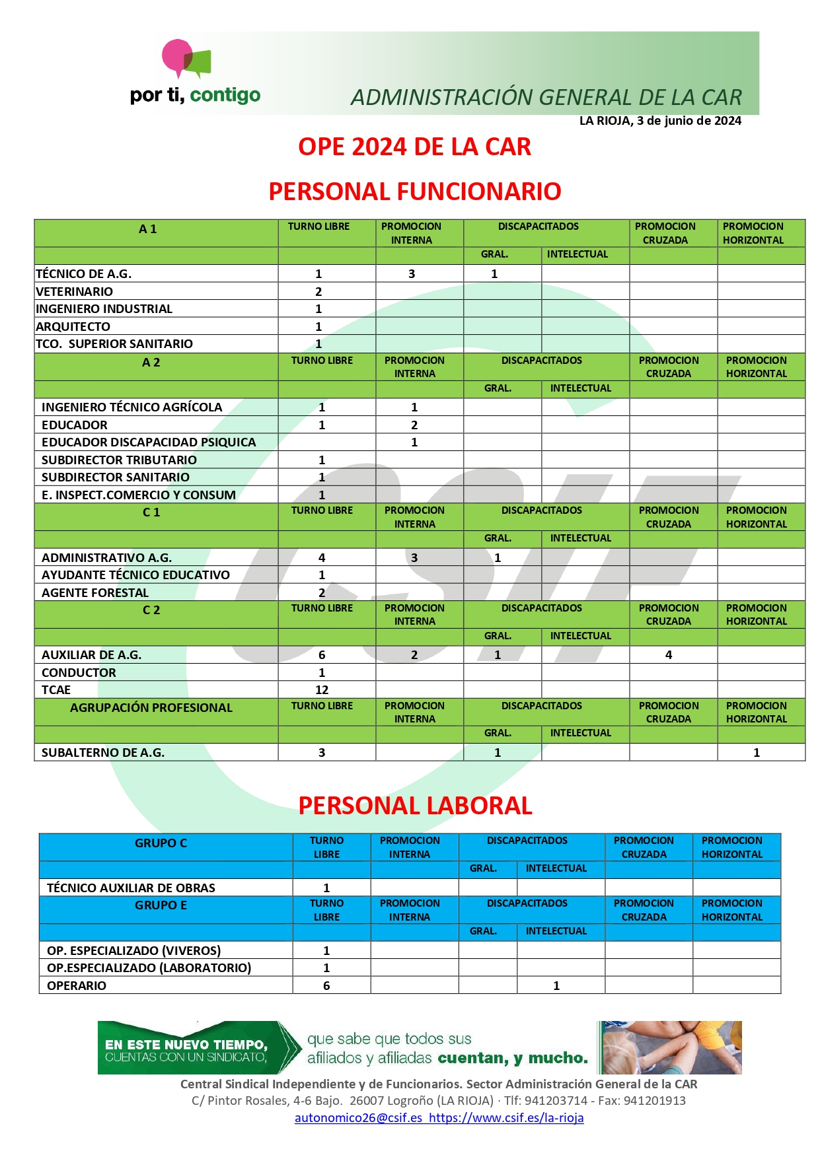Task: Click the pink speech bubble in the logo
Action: (176, 56)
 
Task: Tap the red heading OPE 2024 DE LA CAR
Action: (414, 147)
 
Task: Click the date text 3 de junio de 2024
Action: (689, 121)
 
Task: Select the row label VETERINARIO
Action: (74, 291)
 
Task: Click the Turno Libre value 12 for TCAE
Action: (322, 690)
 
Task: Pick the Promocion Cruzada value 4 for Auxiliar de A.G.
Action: (669, 655)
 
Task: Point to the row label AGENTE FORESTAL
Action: (95, 593)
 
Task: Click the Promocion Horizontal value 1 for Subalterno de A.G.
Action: (757, 753)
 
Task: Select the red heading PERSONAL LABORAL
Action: (415, 806)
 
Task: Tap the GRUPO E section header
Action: (161, 905)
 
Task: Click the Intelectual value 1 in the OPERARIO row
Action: (556, 986)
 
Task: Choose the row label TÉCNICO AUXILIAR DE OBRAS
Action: (131, 888)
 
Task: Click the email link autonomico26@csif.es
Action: (358, 1118)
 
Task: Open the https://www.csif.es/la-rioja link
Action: (506, 1118)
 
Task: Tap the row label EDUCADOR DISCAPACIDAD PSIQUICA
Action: (149, 442)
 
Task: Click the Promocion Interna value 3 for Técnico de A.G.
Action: (412, 274)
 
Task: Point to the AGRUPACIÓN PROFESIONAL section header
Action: (151, 708)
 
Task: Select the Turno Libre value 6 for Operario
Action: (326, 986)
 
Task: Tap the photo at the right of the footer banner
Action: (670, 1047)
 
